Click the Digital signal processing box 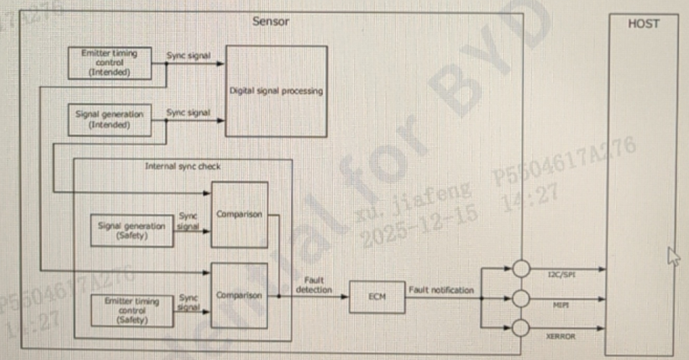[276, 91]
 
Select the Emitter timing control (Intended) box [110, 62]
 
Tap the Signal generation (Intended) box [110, 119]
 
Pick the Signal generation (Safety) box [131, 231]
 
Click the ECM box [375, 296]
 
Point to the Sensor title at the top [271, 21]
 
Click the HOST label [643, 24]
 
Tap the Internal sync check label [183, 165]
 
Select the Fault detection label [313, 285]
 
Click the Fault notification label [441, 290]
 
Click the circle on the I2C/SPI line [521, 269]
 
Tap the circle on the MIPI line [521, 298]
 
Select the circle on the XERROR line [521, 328]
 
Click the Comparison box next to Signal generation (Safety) [239, 215]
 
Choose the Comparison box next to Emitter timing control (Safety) [239, 295]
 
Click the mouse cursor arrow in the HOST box [671, 256]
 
